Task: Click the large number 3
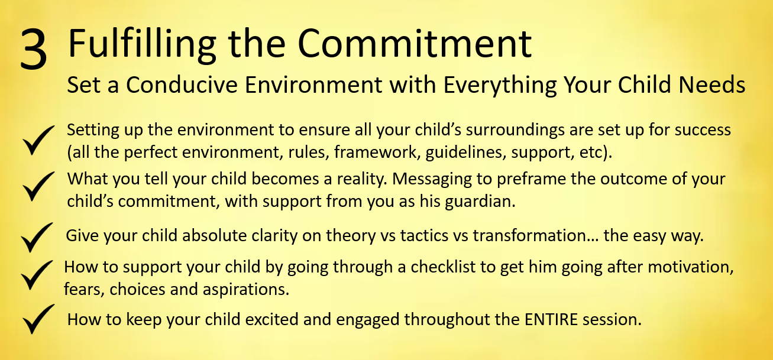tap(33, 50)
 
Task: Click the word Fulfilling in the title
tap(142, 44)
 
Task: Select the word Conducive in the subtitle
tap(182, 85)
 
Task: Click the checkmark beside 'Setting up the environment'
tap(38, 140)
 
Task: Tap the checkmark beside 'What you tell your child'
tap(38, 186)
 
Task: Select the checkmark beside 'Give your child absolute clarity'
tap(37, 237)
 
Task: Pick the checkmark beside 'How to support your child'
tap(37, 275)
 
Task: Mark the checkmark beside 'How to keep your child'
tap(38, 319)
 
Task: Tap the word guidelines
tap(465, 153)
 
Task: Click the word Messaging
tap(432, 180)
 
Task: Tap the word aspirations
tap(245, 290)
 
